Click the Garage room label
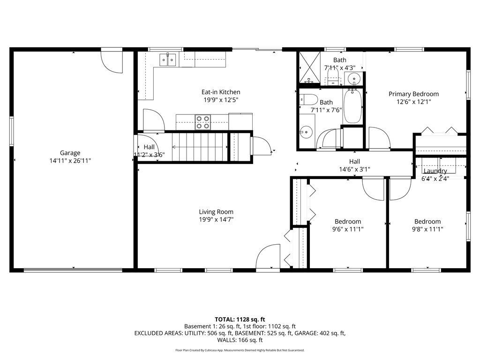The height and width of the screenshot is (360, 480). coord(70,153)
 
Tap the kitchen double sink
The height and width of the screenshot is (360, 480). coord(167,60)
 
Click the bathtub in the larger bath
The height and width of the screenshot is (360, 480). coord(352,106)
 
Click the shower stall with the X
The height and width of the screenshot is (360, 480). coord(309,67)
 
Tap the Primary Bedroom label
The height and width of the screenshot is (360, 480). coord(413,94)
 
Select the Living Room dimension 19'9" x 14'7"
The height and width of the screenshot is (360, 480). coord(216,219)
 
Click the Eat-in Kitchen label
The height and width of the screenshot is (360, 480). coord(221,92)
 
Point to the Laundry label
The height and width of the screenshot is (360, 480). coord(435,171)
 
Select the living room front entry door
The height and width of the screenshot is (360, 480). coord(268,256)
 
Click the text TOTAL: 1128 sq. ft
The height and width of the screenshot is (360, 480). coord(240,320)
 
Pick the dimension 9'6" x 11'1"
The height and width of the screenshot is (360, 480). coord(348,229)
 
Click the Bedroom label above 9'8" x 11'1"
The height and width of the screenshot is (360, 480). coord(427,221)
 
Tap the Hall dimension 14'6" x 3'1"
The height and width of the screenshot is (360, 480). coord(354,169)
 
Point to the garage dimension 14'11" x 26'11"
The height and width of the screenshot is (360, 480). coord(70,160)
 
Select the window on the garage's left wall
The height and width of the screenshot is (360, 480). coord(12,131)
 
